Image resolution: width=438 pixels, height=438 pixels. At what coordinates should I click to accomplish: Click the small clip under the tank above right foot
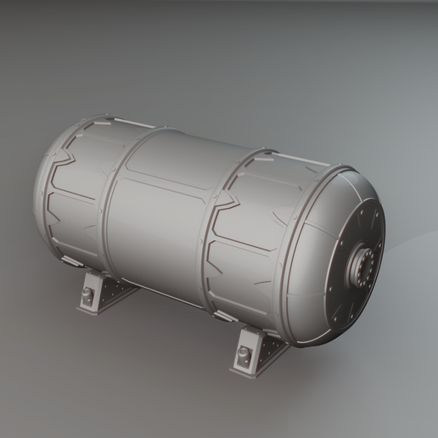(226, 316)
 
